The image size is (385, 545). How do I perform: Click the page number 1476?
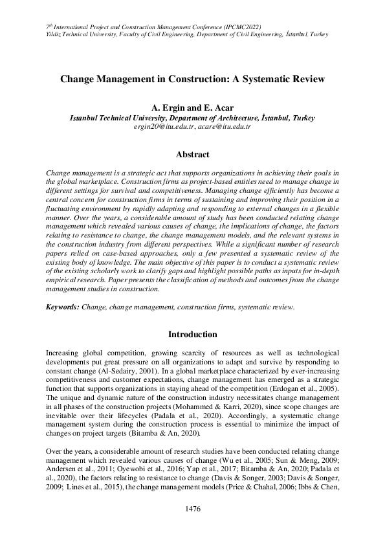192,509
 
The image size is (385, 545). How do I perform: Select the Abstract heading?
192,155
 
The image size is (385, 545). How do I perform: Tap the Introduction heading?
192,335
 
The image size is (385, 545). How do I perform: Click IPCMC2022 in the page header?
250,26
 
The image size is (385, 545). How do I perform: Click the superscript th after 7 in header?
51,24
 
